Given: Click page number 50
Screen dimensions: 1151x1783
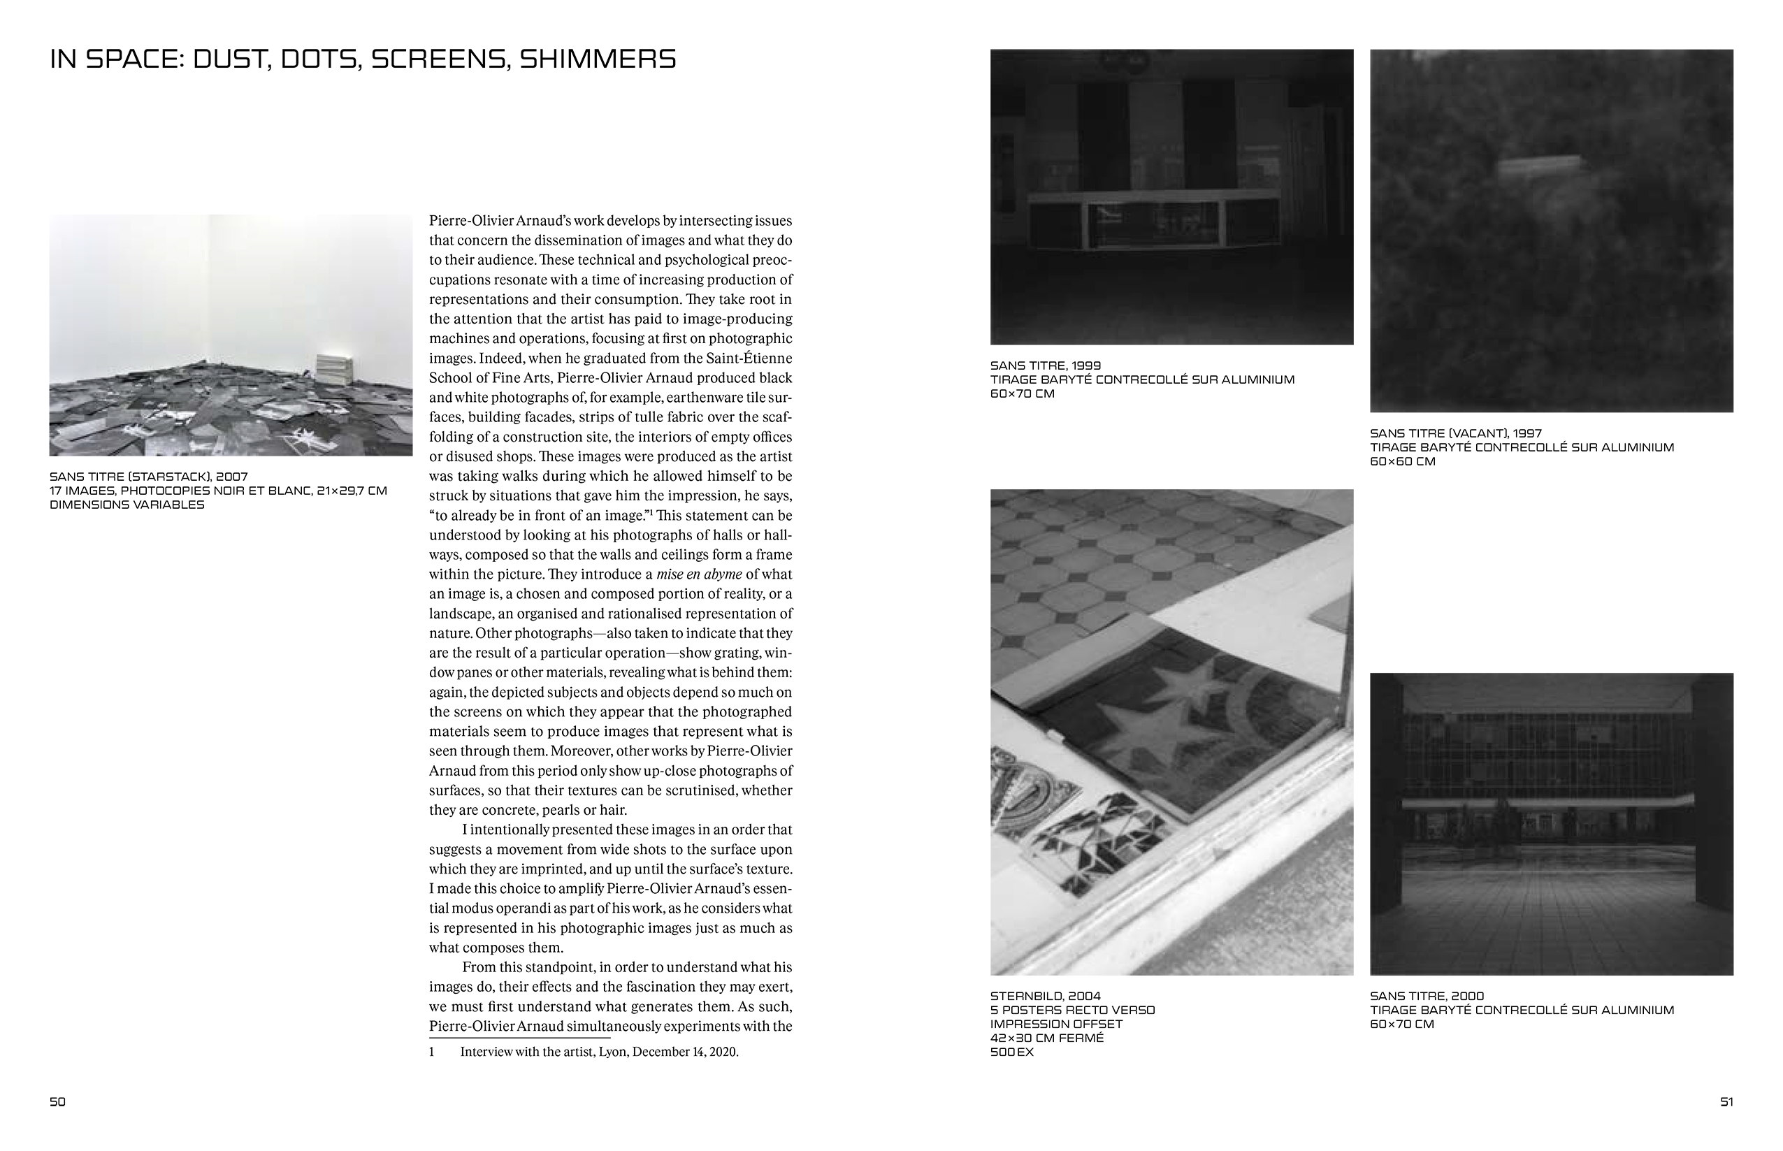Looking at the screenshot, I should pyautogui.click(x=57, y=1101).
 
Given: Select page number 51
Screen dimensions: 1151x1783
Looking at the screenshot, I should pyautogui.click(x=1726, y=1101).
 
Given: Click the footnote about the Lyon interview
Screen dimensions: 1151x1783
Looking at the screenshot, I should pyautogui.click(x=598, y=1052).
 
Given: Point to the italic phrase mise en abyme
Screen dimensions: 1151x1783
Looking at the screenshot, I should pyautogui.click(x=699, y=574).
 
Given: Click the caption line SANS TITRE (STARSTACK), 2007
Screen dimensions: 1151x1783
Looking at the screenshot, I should pyautogui.click(x=149, y=477).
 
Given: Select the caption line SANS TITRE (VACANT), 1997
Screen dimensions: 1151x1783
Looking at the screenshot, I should pyautogui.click(x=1456, y=433).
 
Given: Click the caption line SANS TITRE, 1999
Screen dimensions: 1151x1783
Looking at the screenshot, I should pyautogui.click(x=1046, y=366).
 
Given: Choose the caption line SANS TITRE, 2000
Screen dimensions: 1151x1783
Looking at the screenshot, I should pyautogui.click(x=1427, y=997).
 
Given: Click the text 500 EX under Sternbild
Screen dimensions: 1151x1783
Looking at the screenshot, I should pyautogui.click(x=1012, y=1052).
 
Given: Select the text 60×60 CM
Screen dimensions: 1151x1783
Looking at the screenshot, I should pyautogui.click(x=1403, y=461).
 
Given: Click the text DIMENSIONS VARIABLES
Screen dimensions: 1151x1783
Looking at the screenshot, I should pyautogui.click(x=127, y=505).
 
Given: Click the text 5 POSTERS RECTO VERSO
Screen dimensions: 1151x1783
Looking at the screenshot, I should pyautogui.click(x=1072, y=1011).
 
